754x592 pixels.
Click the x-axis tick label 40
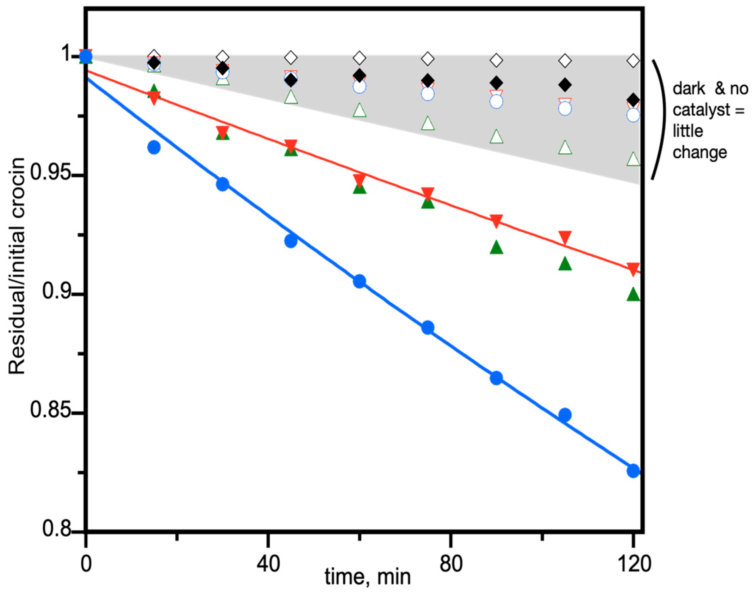(x=268, y=563)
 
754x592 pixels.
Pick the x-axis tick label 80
(x=451, y=563)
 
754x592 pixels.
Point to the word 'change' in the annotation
(x=700, y=153)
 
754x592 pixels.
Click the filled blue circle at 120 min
(x=633, y=471)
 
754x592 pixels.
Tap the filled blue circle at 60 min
(x=359, y=281)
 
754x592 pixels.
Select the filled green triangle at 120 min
(x=633, y=295)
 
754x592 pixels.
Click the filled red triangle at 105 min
(x=565, y=237)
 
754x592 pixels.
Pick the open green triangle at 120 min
(x=633, y=159)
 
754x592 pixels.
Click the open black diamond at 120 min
(x=633, y=61)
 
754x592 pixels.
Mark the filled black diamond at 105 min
(x=565, y=85)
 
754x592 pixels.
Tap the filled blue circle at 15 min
(x=154, y=147)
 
